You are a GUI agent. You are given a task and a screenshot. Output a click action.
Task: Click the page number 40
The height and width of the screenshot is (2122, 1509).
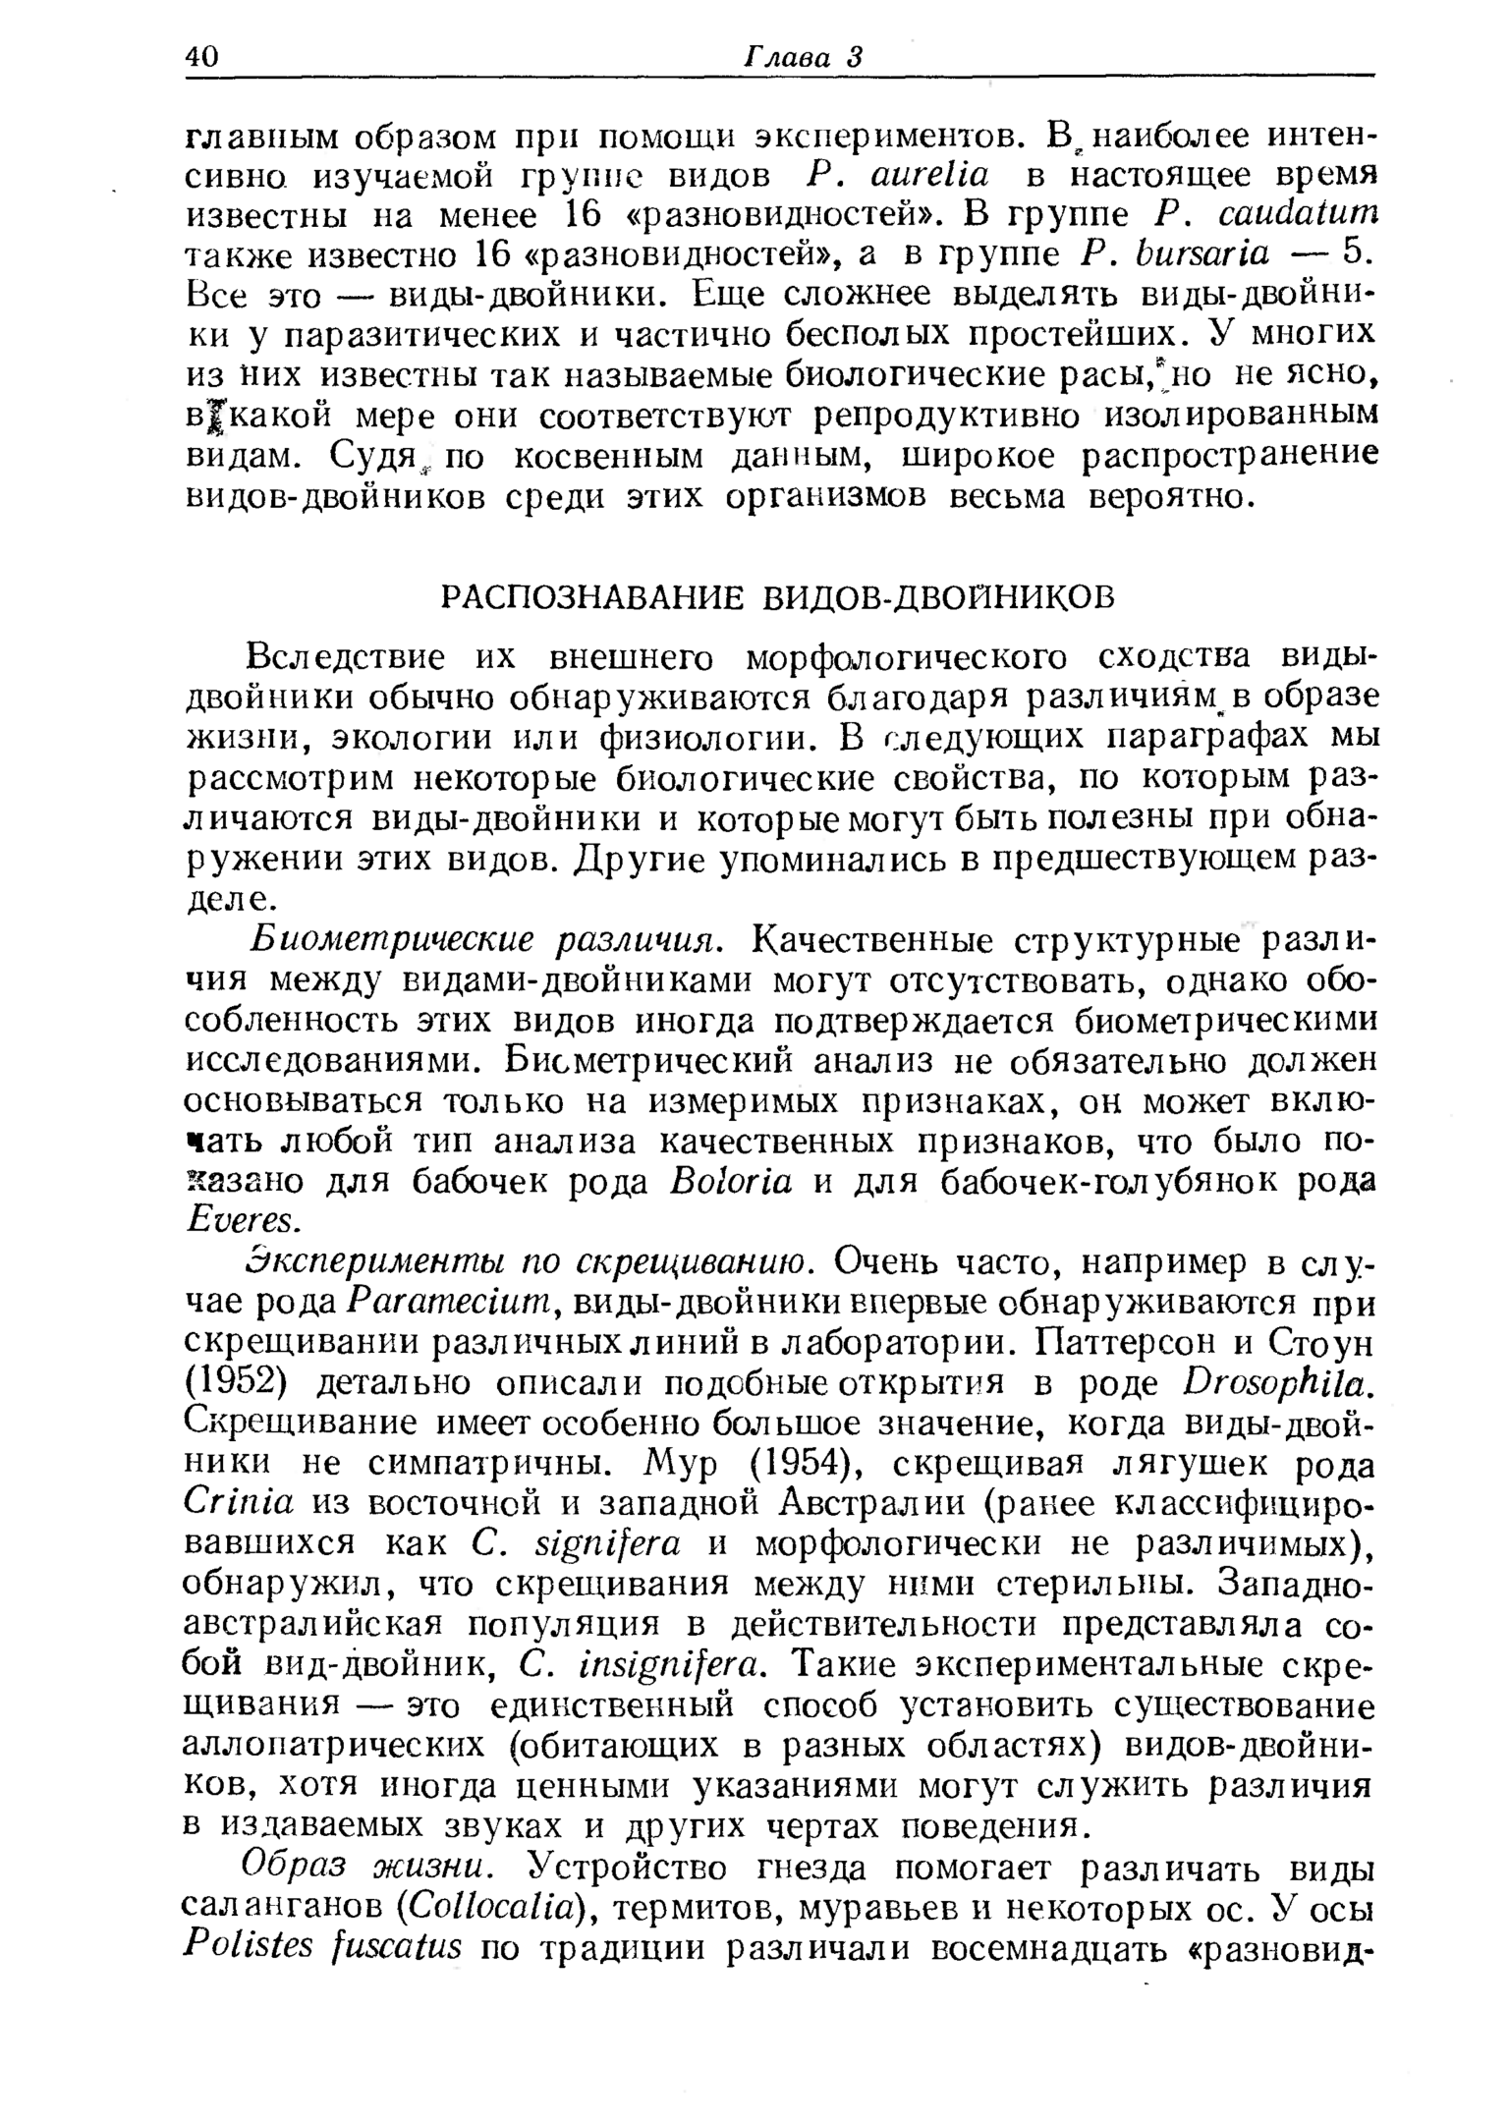pyautogui.click(x=204, y=56)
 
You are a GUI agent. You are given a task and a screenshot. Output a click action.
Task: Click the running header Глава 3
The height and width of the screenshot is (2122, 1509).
pyautogui.click(x=801, y=56)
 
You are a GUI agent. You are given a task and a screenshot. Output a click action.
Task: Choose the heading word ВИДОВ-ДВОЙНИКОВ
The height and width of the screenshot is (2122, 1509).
pyautogui.click(x=941, y=596)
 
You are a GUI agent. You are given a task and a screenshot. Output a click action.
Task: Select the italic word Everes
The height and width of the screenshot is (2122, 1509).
pyautogui.click(x=239, y=1219)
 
